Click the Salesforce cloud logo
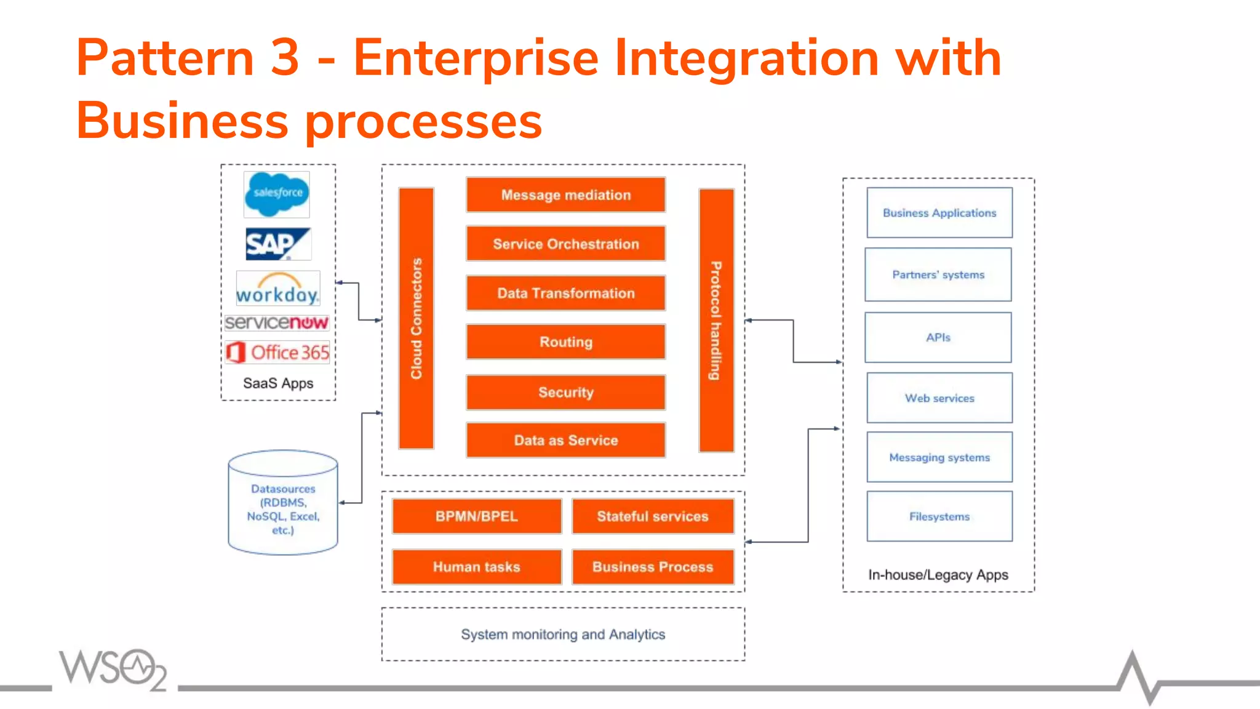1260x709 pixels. coord(277,194)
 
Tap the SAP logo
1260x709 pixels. coord(277,244)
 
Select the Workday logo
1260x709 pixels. coord(278,289)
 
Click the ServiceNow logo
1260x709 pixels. coord(277,322)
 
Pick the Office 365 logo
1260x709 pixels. coord(277,352)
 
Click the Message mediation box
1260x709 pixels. coord(565,195)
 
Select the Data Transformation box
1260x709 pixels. coord(565,293)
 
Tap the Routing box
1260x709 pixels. coord(565,342)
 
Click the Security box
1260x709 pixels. coord(565,392)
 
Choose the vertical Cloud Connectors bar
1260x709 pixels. coord(417,318)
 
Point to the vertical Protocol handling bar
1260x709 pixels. coord(716,320)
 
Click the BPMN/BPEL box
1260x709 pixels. coord(477,516)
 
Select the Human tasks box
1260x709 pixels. coord(477,567)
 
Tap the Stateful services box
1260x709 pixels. coord(653,516)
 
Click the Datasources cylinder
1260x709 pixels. coord(283,503)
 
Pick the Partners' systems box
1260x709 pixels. coord(938,274)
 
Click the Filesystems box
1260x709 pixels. coord(939,516)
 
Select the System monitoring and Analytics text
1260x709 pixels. coord(563,635)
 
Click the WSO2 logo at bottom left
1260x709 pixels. coord(113,669)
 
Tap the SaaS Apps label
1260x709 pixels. coord(278,383)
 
